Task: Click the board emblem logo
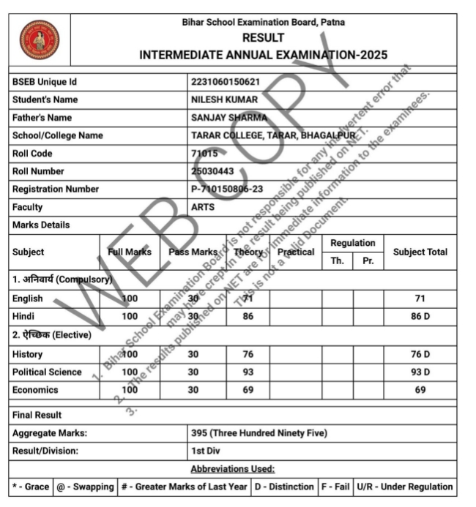40,40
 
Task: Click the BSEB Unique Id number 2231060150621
225,81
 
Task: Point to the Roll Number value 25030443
213,171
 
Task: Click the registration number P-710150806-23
226,189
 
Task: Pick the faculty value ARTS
203,207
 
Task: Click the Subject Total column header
420,252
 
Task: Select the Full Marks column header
130,252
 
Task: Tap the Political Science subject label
47,372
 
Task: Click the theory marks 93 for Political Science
248,372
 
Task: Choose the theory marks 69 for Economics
248,390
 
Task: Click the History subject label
27,354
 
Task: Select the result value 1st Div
205,451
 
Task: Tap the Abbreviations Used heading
232,469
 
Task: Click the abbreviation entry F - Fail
333,487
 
